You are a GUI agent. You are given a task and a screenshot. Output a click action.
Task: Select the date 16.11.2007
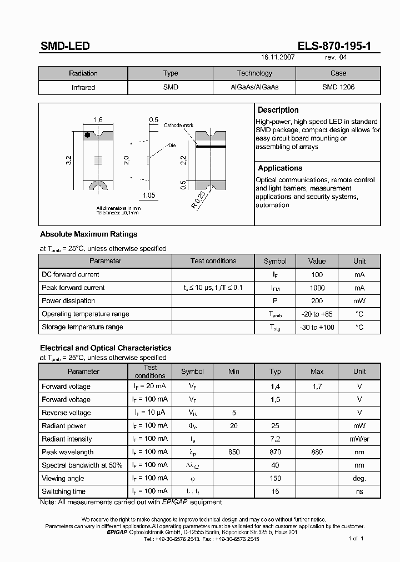pos(278,57)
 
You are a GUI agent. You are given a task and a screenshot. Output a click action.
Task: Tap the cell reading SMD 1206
pos(338,87)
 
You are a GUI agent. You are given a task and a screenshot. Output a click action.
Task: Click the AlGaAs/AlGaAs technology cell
pos(254,87)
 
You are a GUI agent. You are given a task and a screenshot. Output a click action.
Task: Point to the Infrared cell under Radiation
pos(83,87)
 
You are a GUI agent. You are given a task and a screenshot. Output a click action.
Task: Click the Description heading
pos(278,110)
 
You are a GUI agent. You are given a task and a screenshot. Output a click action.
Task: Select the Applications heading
pos(280,168)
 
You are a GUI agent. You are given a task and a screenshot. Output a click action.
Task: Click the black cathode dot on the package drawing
pos(87,135)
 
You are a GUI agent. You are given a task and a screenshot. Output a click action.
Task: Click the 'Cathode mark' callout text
pos(178,126)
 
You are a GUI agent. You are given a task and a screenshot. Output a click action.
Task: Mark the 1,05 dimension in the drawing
pos(148,195)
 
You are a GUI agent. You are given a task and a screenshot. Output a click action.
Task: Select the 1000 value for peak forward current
pos(317,288)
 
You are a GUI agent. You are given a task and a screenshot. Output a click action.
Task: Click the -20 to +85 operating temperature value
pos(317,314)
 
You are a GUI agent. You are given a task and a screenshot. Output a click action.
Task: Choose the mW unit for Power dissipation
pos(359,301)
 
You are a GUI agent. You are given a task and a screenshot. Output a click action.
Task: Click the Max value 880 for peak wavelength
pos(317,452)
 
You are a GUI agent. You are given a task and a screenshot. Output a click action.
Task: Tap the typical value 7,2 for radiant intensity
pos(275,439)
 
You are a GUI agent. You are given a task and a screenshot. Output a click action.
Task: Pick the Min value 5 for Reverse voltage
pos(234,413)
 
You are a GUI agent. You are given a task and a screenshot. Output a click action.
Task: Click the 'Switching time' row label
pos(64,491)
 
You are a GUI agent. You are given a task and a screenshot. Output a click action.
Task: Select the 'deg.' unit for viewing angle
pos(359,478)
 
